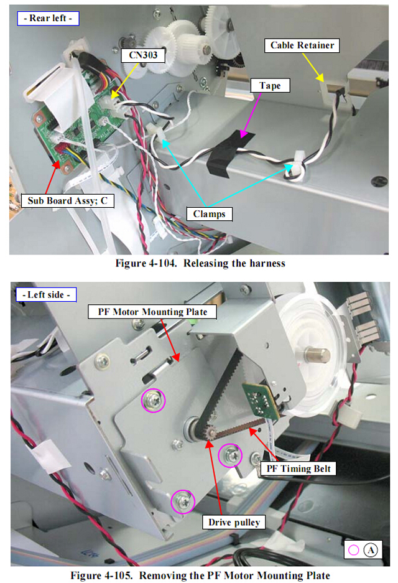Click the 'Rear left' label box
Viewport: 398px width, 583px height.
pyautogui.click(x=48, y=18)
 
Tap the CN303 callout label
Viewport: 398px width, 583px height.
pyautogui.click(x=143, y=55)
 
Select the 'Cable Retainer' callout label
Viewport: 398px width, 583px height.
pyautogui.click(x=302, y=45)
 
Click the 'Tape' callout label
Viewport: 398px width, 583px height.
pyautogui.click(x=270, y=85)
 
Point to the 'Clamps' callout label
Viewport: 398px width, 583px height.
pyautogui.click(x=209, y=214)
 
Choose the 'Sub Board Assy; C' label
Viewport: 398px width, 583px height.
pyautogui.click(x=67, y=201)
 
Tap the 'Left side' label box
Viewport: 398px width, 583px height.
pyautogui.click(x=46, y=294)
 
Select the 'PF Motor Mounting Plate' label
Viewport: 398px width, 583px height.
pyautogui.click(x=152, y=312)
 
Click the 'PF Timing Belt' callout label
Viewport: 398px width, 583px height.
pyautogui.click(x=298, y=469)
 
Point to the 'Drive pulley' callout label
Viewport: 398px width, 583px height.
pyautogui.click(x=234, y=522)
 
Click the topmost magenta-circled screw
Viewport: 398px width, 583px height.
pyautogui.click(x=154, y=401)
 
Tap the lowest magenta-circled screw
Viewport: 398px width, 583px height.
pyautogui.click(x=183, y=502)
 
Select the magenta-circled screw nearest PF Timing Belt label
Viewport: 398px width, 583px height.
pyautogui.click(x=230, y=455)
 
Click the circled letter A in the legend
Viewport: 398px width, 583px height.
pyautogui.click(x=371, y=550)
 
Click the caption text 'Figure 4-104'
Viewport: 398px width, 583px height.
pyautogui.click(x=146, y=263)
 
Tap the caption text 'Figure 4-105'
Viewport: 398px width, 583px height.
pyautogui.click(x=101, y=576)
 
